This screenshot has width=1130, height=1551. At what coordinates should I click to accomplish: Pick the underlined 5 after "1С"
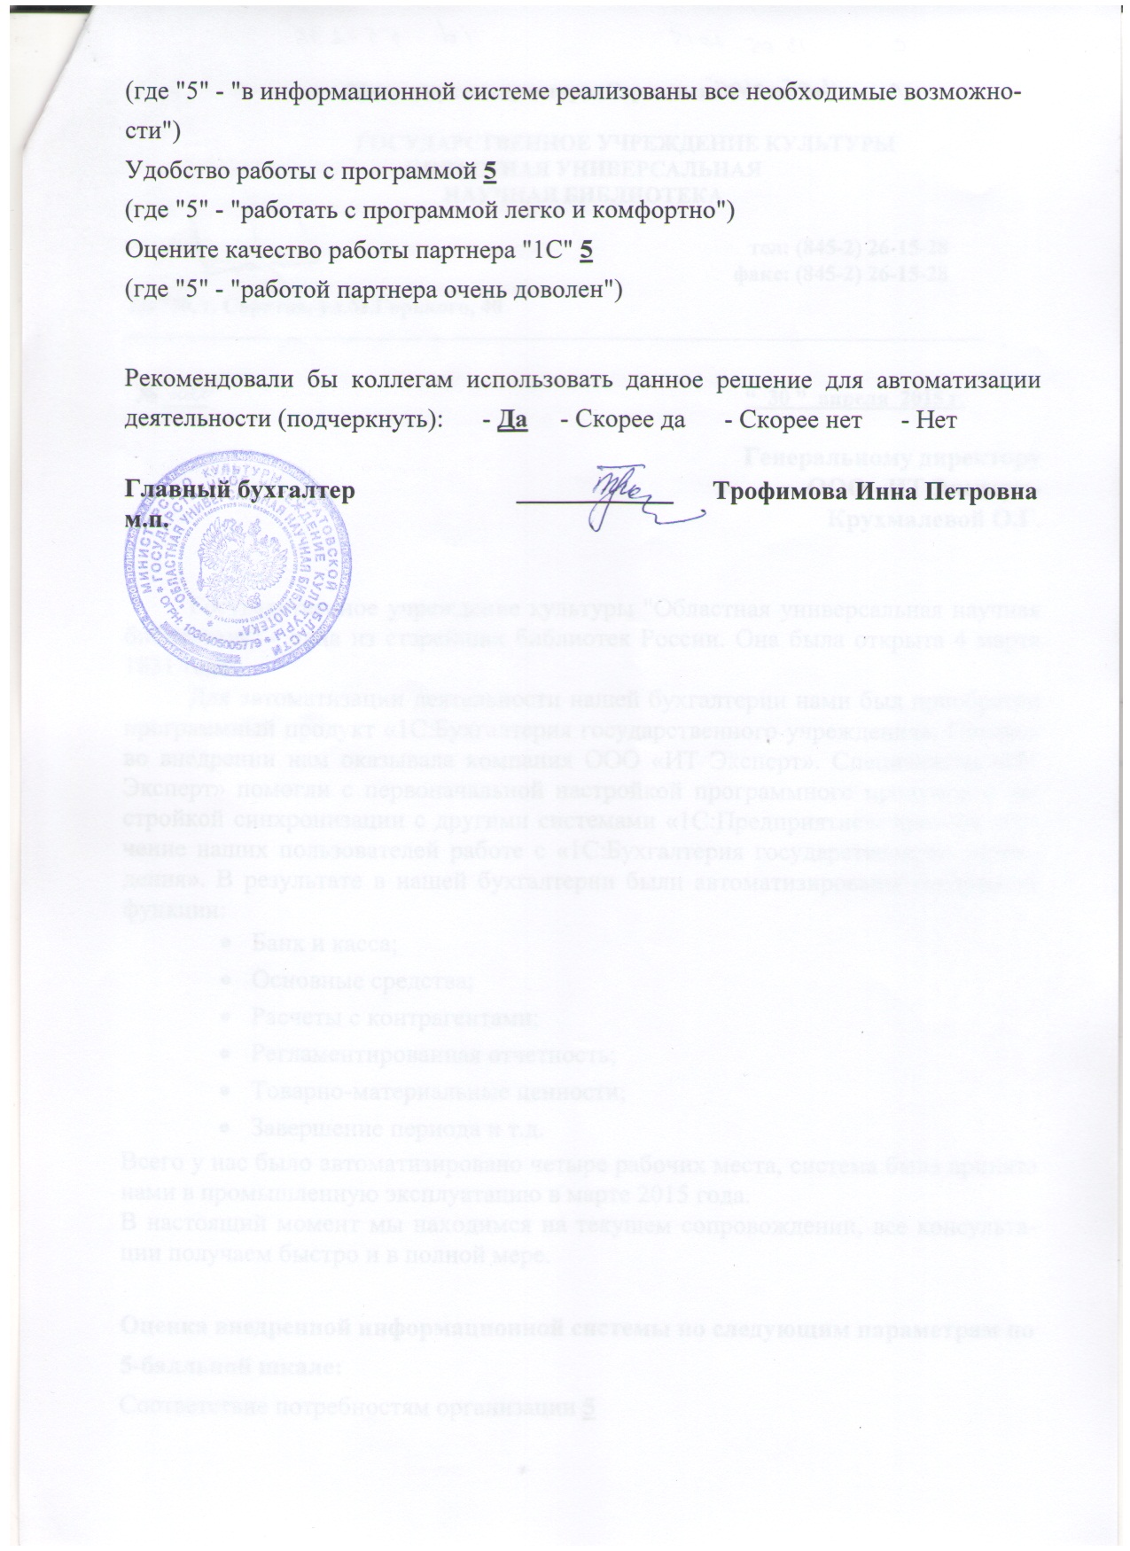tap(586, 251)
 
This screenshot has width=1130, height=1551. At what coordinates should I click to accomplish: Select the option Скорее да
tap(629, 419)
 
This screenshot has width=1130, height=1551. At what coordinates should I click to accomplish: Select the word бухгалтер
tap(300, 490)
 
